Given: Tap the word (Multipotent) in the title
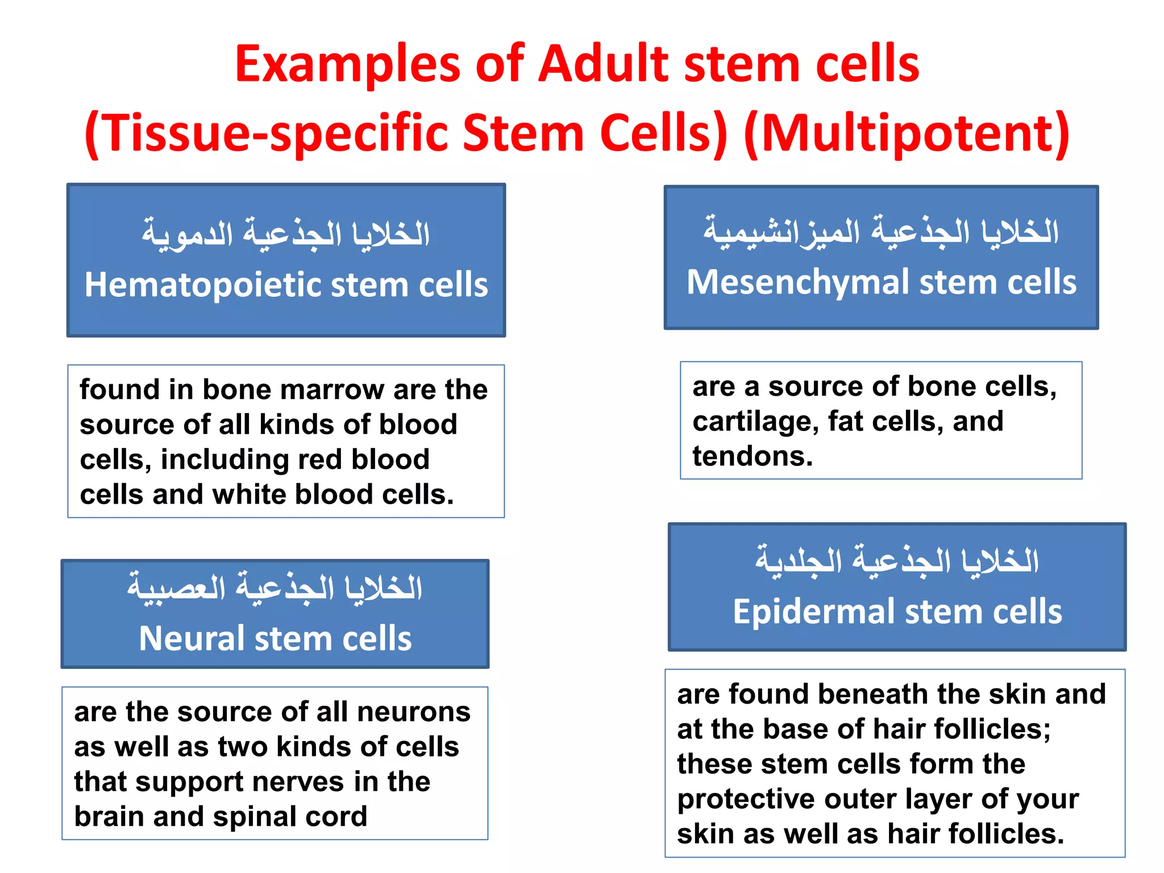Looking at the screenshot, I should coord(906,133).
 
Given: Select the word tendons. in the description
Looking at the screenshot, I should coord(753,456).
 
